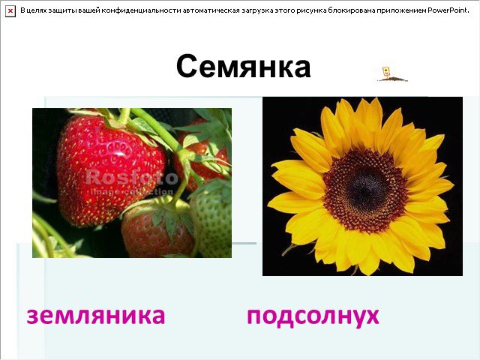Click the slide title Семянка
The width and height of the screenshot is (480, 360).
point(243,67)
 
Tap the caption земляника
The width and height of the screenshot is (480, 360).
point(96,315)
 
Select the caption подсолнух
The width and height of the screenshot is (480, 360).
point(313,316)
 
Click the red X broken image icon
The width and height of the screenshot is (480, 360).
point(10,11)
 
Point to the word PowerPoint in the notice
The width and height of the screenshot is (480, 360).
point(448,10)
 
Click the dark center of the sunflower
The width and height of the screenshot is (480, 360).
point(364,190)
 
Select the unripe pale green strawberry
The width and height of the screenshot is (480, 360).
point(211,218)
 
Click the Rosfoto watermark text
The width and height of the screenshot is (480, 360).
point(132,177)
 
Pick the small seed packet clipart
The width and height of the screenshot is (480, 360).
point(391,75)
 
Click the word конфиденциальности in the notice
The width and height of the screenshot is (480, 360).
point(142,10)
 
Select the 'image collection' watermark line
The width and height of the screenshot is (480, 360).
point(132,192)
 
